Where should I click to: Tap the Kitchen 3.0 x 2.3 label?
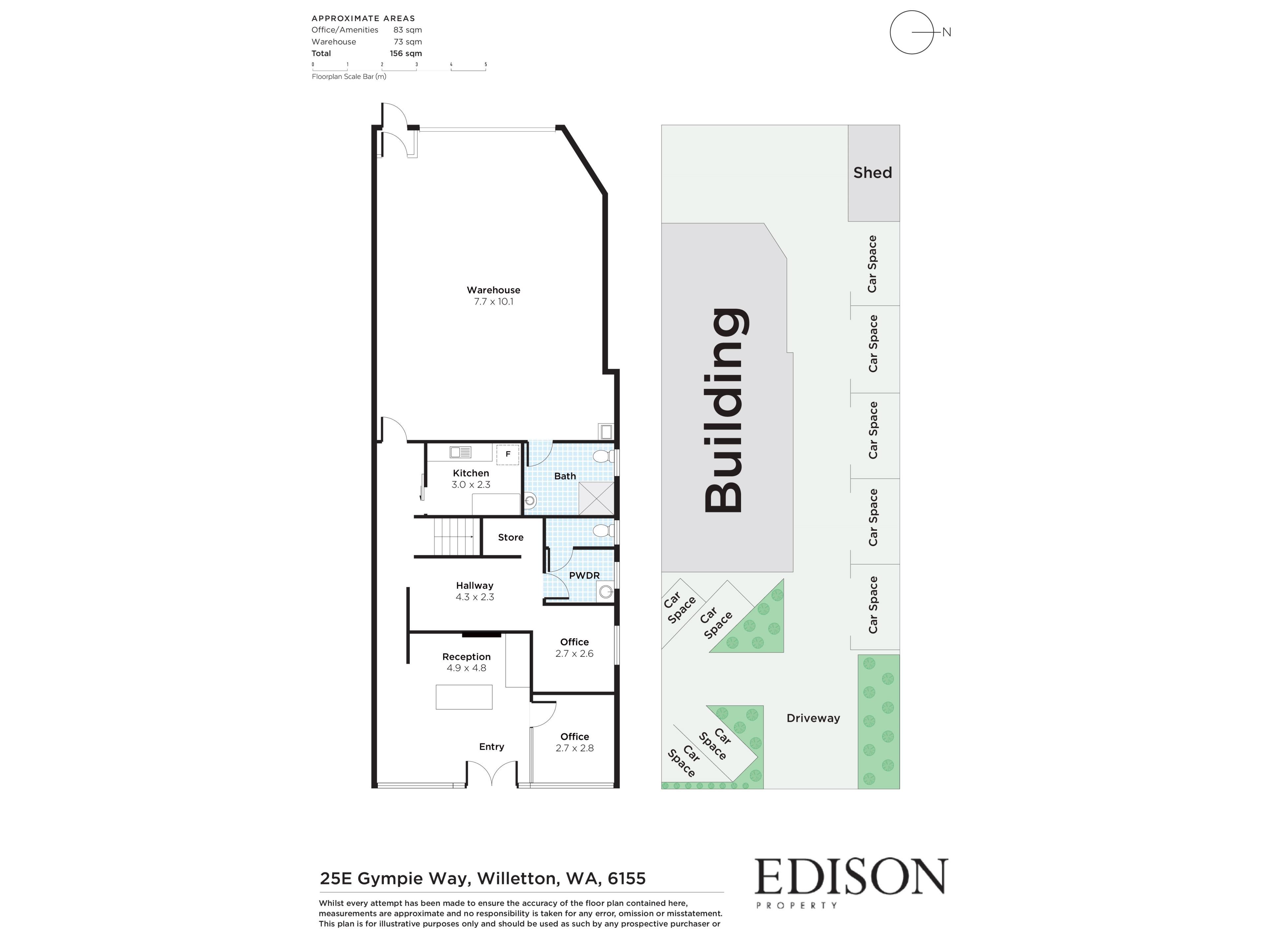point(471,479)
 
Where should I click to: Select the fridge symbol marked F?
point(507,454)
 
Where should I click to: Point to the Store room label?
point(510,537)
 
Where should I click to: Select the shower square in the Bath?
point(596,498)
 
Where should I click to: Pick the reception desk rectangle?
point(464,697)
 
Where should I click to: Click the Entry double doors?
point(492,772)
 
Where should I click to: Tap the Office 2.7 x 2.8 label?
point(574,742)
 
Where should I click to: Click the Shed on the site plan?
point(873,173)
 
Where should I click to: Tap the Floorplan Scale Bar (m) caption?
point(349,77)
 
